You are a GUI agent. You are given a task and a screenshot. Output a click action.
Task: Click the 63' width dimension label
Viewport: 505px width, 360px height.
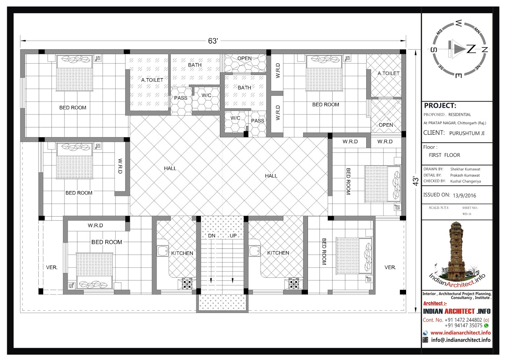coord(213,41)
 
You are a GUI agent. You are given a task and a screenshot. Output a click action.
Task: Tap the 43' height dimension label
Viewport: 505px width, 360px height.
coord(416,181)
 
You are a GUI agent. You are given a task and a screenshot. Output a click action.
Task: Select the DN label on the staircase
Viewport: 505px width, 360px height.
coord(212,236)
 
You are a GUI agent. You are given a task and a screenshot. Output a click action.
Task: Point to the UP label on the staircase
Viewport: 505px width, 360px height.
coord(233,236)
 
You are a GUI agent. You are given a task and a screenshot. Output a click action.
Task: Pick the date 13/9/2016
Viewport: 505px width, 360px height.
coord(464,196)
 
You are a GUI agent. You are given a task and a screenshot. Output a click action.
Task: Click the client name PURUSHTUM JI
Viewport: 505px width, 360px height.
coord(467,133)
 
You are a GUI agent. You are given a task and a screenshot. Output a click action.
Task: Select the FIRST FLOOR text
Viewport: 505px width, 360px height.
coord(445,155)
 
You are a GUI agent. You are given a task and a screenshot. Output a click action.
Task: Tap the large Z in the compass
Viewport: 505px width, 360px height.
coord(471,49)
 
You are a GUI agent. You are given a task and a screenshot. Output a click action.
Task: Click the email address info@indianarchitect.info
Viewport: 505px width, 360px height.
coord(461,340)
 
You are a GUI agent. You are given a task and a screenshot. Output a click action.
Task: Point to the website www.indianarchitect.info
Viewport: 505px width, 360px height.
coord(460,333)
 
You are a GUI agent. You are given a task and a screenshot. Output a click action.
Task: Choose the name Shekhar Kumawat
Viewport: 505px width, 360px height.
coord(465,169)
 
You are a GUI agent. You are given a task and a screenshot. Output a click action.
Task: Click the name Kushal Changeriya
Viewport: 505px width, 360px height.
coord(465,181)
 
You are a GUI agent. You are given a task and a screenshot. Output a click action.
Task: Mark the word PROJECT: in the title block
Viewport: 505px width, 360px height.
coord(440,105)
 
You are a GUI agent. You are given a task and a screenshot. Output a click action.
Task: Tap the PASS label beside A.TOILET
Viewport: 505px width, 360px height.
coord(180,98)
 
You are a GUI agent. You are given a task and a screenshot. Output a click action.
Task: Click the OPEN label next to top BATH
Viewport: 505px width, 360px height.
coord(245,58)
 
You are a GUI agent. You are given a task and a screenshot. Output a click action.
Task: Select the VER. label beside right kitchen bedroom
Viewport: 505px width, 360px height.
coord(390,267)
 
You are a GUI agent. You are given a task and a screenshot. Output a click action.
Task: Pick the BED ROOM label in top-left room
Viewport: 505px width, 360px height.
coord(72,108)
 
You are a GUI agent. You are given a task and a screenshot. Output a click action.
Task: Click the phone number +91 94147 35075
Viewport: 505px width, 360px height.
coord(463,326)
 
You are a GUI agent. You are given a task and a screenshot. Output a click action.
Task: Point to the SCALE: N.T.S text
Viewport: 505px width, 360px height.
coord(438,208)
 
